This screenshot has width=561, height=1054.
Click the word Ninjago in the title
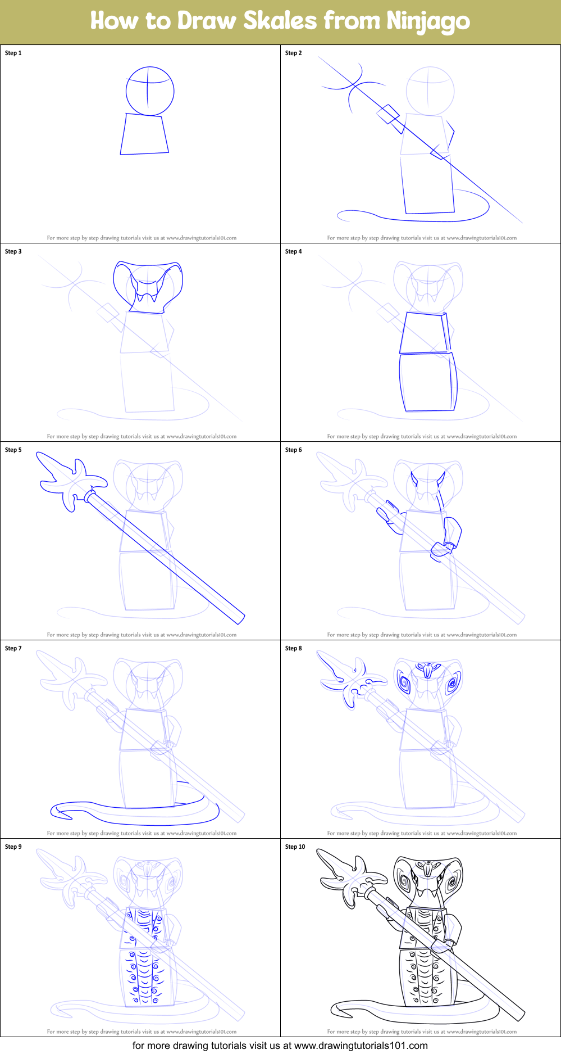point(428,21)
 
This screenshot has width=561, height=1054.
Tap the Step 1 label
point(13,53)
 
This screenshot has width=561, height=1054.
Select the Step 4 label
point(293,251)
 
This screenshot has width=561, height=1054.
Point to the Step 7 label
point(13,648)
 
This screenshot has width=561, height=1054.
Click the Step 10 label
point(295,847)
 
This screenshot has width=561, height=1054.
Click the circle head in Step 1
point(149,91)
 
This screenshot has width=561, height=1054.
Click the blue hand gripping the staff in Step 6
point(440,550)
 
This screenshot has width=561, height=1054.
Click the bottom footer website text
point(280,1046)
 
